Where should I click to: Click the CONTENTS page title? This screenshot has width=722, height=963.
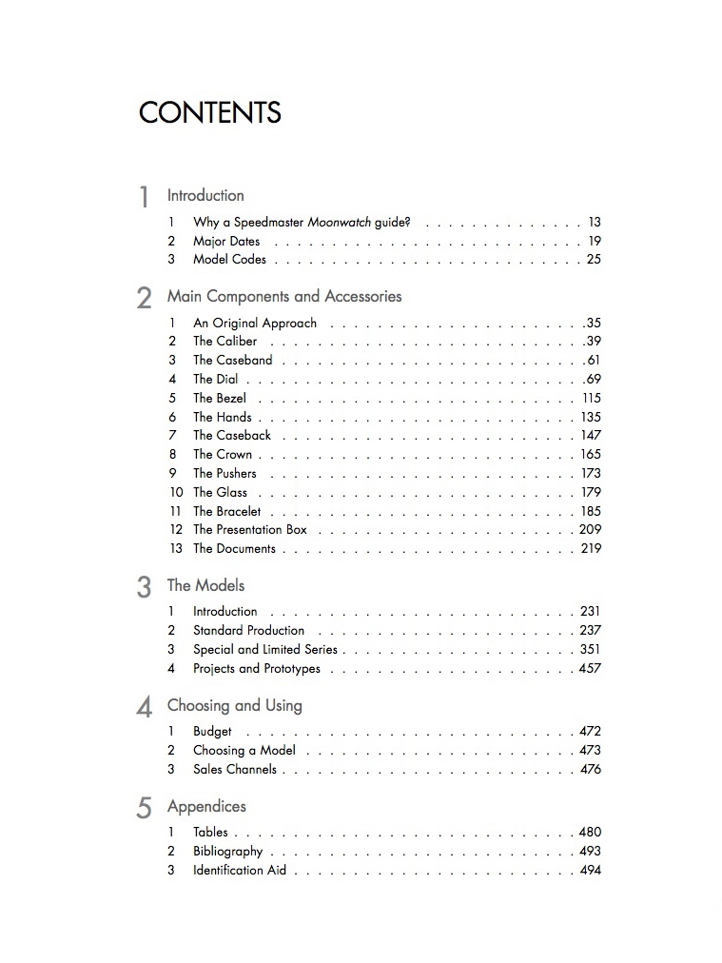(x=209, y=113)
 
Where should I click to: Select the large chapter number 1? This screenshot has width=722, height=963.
(x=145, y=197)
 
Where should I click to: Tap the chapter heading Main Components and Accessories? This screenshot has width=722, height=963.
(x=284, y=296)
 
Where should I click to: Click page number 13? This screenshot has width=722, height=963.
(x=595, y=222)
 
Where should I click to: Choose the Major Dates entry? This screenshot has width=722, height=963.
(x=226, y=241)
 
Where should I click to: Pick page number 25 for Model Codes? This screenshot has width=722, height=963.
(x=594, y=259)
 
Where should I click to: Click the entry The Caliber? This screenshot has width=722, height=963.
(x=224, y=341)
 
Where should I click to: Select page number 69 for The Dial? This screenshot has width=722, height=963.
(x=594, y=379)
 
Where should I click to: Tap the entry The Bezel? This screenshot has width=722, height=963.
(x=220, y=398)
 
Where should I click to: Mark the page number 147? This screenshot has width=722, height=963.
(x=591, y=435)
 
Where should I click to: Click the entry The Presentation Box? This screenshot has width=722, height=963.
(x=250, y=529)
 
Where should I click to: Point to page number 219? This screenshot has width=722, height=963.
(x=591, y=548)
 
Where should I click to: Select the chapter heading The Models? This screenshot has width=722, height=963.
(x=205, y=585)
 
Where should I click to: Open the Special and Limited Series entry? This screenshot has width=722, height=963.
(x=265, y=649)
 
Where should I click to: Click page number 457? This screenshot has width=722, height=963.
(x=590, y=668)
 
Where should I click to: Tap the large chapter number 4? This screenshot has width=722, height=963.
(x=145, y=707)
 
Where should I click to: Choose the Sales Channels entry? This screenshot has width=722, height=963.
(x=235, y=769)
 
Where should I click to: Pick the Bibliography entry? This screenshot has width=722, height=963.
(x=227, y=851)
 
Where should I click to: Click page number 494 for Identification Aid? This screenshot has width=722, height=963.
(x=590, y=870)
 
